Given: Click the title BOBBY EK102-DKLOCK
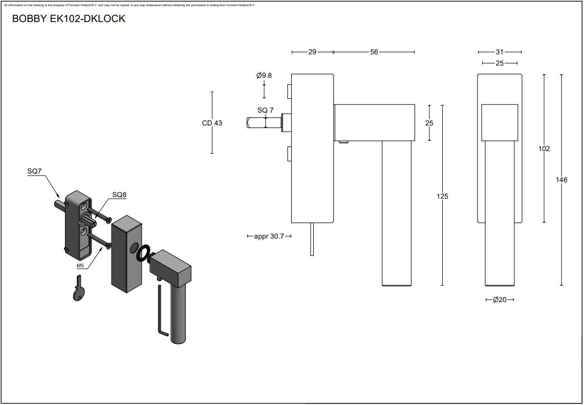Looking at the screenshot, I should [68, 19].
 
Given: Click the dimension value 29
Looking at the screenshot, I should [312, 52].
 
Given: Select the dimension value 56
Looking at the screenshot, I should [374, 52].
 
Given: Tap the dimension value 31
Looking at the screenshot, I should [500, 52].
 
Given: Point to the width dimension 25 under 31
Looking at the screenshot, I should [500, 63].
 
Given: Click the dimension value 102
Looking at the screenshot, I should [544, 148].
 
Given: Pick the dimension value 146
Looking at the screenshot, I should [561, 180].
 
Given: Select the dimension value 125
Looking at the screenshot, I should [442, 196].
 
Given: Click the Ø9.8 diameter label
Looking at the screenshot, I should [264, 75].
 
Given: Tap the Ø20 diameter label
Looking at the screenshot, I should [500, 300].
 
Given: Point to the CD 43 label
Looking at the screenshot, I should [212, 123].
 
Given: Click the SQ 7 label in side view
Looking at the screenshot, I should [265, 110].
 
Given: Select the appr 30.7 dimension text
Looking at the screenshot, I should [269, 236].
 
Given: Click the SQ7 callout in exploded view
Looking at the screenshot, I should [34, 172].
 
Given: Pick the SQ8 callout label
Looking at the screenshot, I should [119, 195].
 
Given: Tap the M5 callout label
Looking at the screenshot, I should [80, 266].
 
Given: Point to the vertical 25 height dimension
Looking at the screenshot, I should [429, 123].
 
